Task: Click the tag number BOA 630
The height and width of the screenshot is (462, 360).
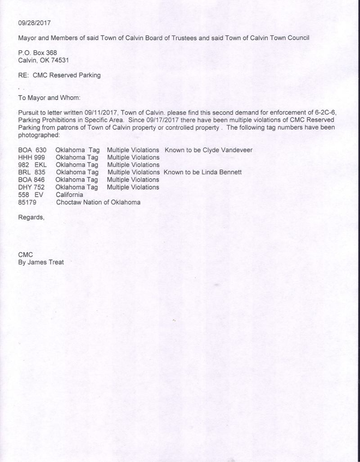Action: [32, 149]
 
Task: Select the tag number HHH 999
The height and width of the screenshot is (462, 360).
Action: [32, 157]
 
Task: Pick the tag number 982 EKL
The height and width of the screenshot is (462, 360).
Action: [32, 165]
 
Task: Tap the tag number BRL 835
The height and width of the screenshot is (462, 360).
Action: [32, 172]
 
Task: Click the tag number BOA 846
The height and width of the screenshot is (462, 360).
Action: [32, 180]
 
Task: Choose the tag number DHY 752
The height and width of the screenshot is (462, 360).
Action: [32, 187]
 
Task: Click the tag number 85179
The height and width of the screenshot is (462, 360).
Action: [27, 202]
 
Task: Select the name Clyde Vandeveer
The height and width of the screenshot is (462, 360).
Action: [228, 149]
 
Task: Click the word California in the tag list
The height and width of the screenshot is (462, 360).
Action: [70, 195]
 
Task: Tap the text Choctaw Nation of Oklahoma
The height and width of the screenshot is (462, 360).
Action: [98, 202]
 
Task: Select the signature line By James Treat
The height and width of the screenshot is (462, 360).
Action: [40, 262]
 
